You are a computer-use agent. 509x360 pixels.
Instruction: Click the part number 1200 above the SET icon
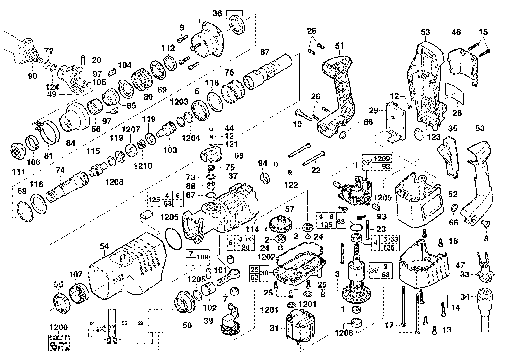click(59, 328)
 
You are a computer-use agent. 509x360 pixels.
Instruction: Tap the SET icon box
click(59, 343)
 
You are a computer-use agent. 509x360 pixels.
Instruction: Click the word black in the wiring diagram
click(101, 326)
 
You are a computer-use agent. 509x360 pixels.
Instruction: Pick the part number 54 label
click(104, 246)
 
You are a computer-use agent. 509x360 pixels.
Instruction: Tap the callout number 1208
click(344, 333)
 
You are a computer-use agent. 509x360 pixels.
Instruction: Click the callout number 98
click(239, 155)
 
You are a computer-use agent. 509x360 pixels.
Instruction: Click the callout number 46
click(456, 32)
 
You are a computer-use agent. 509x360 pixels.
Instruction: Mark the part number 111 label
click(19, 172)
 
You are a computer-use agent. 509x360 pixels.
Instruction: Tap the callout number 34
click(465, 297)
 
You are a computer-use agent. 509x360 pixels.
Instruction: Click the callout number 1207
click(131, 130)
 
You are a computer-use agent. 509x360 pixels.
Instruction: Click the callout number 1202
click(266, 257)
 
